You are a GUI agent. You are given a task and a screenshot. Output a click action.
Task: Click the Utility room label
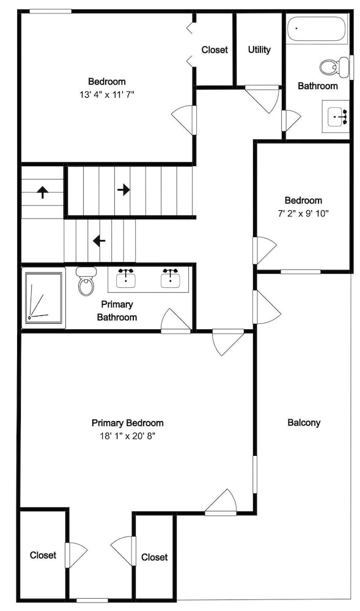point(259,50)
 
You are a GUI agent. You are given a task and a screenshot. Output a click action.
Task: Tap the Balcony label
point(304,422)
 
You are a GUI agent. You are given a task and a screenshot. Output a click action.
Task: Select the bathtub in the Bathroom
point(317,29)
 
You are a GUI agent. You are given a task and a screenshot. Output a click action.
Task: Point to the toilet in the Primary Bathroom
point(86,280)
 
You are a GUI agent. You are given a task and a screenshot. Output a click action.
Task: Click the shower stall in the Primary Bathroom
point(43,298)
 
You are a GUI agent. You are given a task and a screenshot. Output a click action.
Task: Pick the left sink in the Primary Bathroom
point(126,278)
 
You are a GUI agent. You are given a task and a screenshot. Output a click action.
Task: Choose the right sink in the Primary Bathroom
point(171,278)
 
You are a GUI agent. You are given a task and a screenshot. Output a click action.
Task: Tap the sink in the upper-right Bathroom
point(338,117)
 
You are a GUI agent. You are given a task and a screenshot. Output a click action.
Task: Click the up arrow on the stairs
point(42,192)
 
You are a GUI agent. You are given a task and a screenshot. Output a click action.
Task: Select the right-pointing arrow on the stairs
point(123,190)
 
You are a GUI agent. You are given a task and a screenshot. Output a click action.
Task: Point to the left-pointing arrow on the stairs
point(99,241)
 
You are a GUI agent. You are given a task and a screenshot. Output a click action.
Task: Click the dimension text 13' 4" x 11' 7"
point(107,95)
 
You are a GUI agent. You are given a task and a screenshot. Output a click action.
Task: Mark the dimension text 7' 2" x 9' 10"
point(304,213)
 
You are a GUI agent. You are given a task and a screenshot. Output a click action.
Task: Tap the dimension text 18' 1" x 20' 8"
point(127,436)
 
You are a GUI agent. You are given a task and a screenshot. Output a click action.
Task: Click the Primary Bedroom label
point(127,423)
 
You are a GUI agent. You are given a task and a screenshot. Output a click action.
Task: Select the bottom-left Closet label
point(43,555)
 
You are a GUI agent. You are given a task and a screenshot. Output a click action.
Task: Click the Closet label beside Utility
point(215,50)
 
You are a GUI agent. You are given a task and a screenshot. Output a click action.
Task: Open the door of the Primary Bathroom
point(176,321)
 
